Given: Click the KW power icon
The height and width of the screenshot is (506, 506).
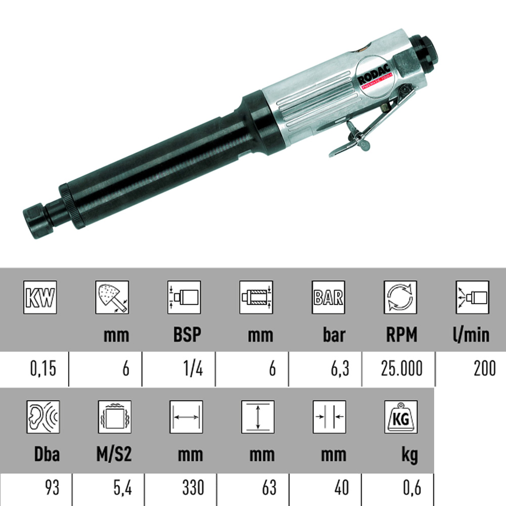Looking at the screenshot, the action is pyautogui.click(x=40, y=297).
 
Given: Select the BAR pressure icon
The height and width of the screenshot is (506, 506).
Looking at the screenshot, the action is pyautogui.click(x=328, y=297).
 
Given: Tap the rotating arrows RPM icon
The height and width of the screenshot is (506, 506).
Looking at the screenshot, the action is pyautogui.click(x=400, y=297).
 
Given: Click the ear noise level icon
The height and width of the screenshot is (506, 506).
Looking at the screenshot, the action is pyautogui.click(x=43, y=417).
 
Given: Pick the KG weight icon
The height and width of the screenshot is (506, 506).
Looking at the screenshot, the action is pyautogui.click(x=401, y=417).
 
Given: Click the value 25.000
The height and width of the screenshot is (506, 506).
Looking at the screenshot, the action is pyautogui.click(x=401, y=368).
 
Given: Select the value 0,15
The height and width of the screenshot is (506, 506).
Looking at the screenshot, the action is pyautogui.click(x=43, y=368).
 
